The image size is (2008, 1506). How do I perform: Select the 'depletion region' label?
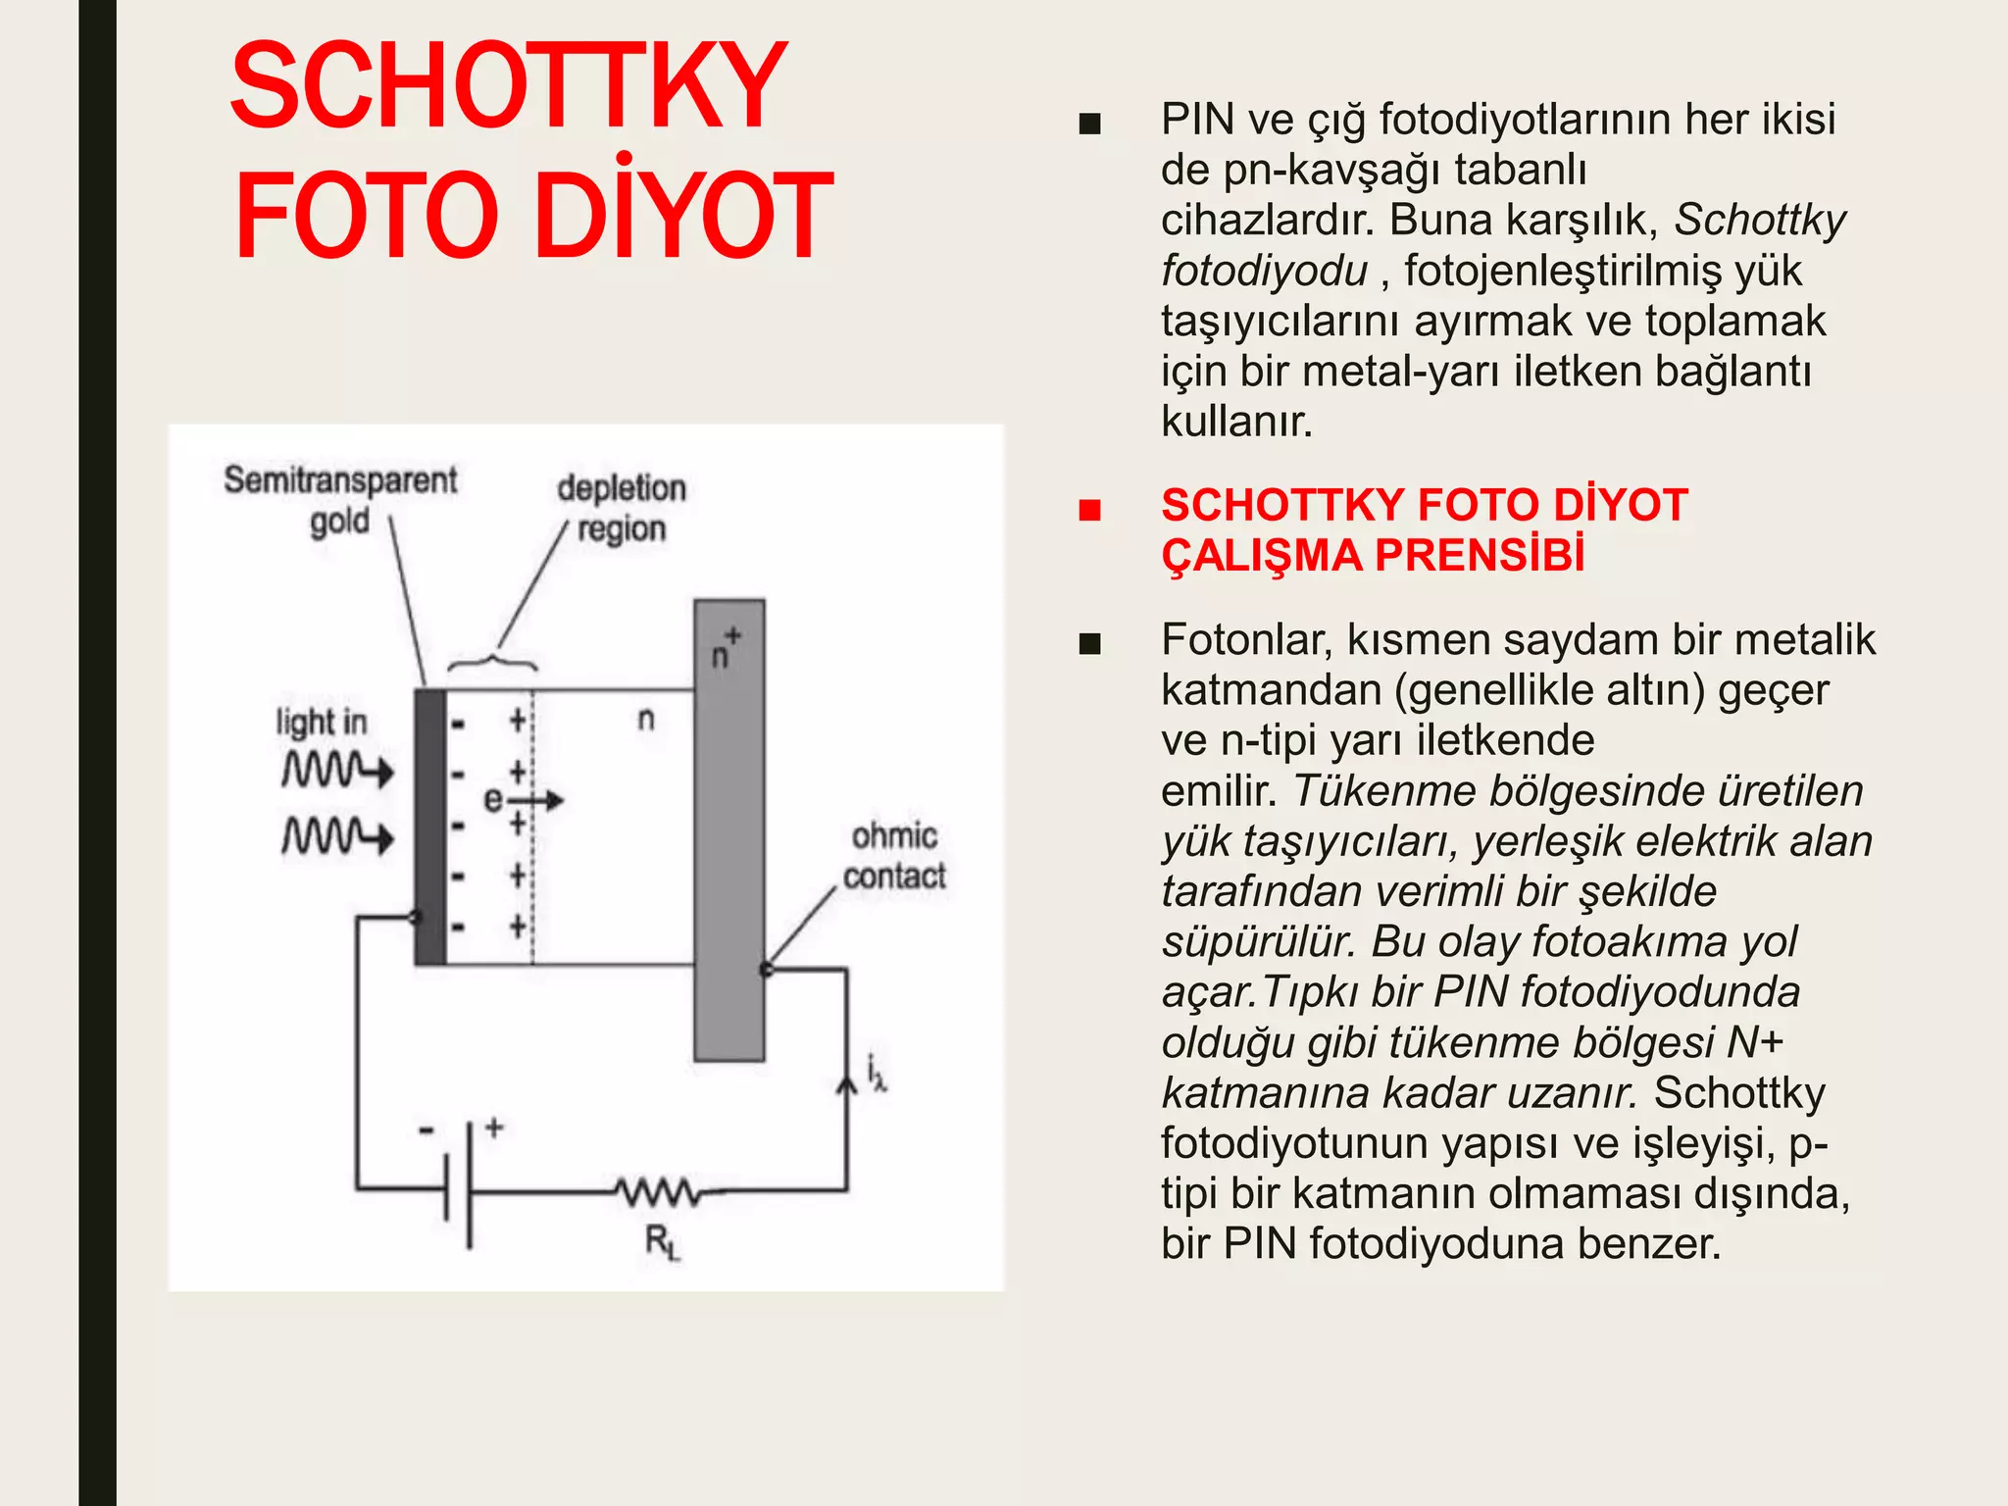tap(621, 508)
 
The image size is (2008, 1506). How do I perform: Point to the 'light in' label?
tap(321, 723)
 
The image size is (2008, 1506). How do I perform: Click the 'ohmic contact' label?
tap(894, 856)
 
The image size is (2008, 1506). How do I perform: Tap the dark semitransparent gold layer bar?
tap(429, 827)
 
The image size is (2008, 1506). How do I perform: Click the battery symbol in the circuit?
tap(459, 1184)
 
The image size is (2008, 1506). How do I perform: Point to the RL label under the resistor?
tap(662, 1243)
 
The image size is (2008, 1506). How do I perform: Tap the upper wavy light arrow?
tap(337, 770)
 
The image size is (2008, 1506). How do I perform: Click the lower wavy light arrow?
tap(337, 836)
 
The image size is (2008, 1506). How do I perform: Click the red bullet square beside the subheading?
tap(1089, 509)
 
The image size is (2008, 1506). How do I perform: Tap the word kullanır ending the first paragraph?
tap(1236, 422)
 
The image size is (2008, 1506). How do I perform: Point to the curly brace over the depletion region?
tap(492, 661)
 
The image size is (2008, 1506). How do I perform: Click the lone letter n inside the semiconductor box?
tap(645, 719)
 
